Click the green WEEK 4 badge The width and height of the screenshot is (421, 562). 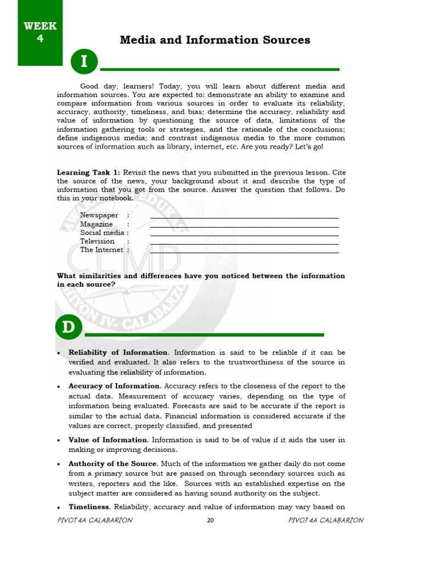40,32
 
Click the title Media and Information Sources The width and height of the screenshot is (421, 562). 215,40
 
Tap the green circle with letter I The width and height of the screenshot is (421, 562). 84,62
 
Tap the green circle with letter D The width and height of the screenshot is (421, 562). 69,328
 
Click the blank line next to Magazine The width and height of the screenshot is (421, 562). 244,226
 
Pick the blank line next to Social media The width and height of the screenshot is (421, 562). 244,234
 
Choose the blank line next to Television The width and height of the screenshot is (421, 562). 244,243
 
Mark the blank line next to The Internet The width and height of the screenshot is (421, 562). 244,252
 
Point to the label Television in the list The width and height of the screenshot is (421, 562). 97,241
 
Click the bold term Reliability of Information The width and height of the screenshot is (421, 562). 118,352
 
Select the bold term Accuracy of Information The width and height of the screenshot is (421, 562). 114,386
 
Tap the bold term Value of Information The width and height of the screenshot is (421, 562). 108,440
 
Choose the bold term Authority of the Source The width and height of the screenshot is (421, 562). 113,464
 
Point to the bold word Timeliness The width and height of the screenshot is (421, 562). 89,507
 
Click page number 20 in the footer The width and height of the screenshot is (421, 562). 210,521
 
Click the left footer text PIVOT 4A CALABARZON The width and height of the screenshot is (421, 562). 94,520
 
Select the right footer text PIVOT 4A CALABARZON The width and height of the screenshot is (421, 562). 326,520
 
